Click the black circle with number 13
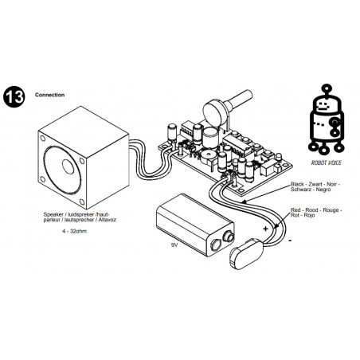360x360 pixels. click(x=14, y=96)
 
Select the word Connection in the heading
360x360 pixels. click(x=49, y=95)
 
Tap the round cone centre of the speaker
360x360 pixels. click(x=68, y=166)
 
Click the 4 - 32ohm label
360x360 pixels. click(x=75, y=231)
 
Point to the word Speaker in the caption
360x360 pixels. click(x=53, y=214)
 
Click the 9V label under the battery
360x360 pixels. click(x=174, y=245)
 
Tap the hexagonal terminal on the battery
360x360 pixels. click(x=216, y=245)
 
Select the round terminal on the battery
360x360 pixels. click(x=229, y=237)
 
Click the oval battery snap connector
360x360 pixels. click(x=246, y=254)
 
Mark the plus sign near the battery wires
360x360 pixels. click(x=265, y=229)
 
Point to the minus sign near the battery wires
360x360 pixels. click(x=290, y=241)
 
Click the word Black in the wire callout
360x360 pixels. click(x=297, y=184)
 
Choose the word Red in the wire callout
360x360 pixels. click(x=295, y=210)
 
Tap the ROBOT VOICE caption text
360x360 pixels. click(x=326, y=162)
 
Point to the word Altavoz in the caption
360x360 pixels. click(x=108, y=220)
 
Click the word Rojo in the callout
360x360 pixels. click(x=309, y=215)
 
